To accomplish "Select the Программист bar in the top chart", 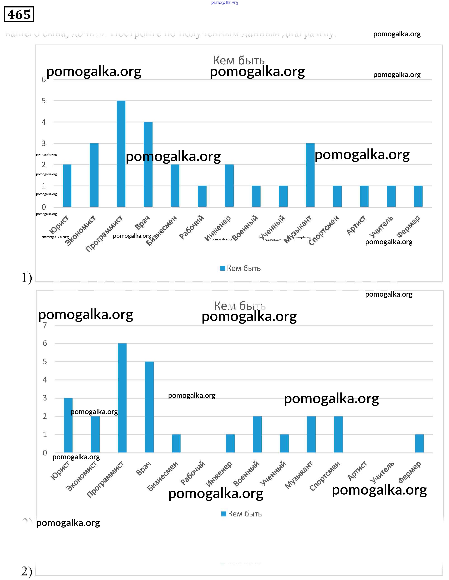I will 121,154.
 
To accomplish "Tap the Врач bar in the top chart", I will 148,164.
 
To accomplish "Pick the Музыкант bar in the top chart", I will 310,175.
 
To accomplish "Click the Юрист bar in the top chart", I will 67,186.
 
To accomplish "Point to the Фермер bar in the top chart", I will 418,196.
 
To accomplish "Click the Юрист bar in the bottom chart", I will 68,425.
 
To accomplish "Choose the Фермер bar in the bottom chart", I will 419,444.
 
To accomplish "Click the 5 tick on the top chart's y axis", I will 44,101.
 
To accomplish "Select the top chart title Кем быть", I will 239,61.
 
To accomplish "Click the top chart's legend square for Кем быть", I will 223,268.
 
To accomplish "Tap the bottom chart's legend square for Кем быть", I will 223,514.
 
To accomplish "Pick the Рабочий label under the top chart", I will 192,227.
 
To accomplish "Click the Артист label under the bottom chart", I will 357,471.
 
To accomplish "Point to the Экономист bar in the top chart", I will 94,175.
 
